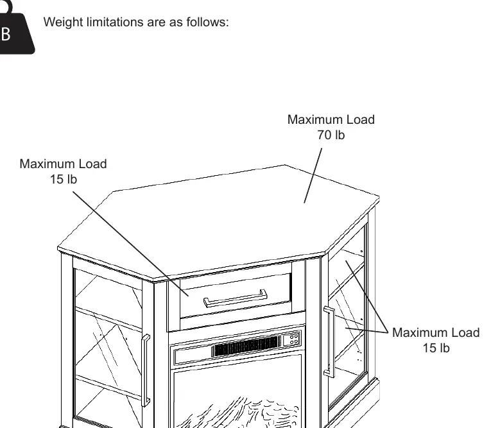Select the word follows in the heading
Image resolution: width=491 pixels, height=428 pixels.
(x=207, y=22)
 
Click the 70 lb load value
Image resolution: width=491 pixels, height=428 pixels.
(x=331, y=135)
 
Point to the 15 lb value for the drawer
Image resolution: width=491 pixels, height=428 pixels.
(x=64, y=180)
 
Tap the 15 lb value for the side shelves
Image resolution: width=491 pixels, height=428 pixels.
(x=436, y=348)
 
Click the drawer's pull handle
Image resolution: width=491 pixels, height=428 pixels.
(x=235, y=298)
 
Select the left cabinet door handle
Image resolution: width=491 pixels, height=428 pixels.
(x=146, y=370)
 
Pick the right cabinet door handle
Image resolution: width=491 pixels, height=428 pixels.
(x=329, y=341)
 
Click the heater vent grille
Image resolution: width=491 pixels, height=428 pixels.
(x=246, y=346)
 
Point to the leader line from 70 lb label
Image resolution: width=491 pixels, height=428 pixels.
(x=313, y=176)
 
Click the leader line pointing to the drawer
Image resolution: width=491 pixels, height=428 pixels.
(x=130, y=244)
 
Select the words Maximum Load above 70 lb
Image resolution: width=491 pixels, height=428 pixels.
(x=331, y=119)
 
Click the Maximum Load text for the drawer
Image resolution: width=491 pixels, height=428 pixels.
(x=64, y=164)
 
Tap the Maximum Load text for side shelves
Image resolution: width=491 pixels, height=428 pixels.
(x=436, y=332)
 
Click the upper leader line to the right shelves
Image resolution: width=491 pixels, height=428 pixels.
(x=367, y=296)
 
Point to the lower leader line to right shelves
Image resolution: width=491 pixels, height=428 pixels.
(x=367, y=330)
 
